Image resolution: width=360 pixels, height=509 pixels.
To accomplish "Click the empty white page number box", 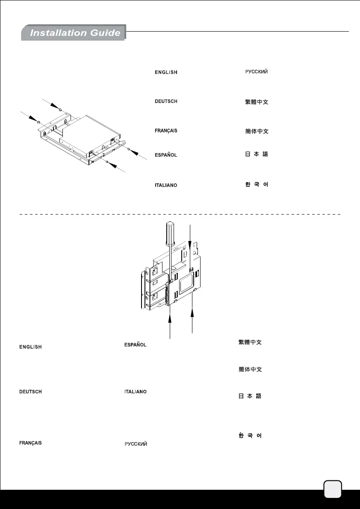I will click(333, 489).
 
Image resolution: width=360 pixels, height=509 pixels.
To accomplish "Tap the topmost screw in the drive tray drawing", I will click(60, 110).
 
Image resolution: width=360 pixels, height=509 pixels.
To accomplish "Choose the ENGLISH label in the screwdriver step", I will click(30, 347).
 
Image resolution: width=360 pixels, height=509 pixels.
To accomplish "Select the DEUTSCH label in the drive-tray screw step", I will click(166, 101).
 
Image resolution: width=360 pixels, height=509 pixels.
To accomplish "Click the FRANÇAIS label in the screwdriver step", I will click(30, 443).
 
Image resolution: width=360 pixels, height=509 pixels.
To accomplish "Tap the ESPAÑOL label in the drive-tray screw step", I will click(166, 155).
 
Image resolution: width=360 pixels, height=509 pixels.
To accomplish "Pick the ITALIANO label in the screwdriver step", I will click(135, 391).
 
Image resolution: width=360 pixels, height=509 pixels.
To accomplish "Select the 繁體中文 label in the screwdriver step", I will click(250, 343).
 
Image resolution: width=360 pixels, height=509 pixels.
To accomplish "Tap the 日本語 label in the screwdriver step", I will click(250, 396).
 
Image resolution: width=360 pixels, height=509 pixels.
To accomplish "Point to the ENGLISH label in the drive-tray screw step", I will click(166, 73).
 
